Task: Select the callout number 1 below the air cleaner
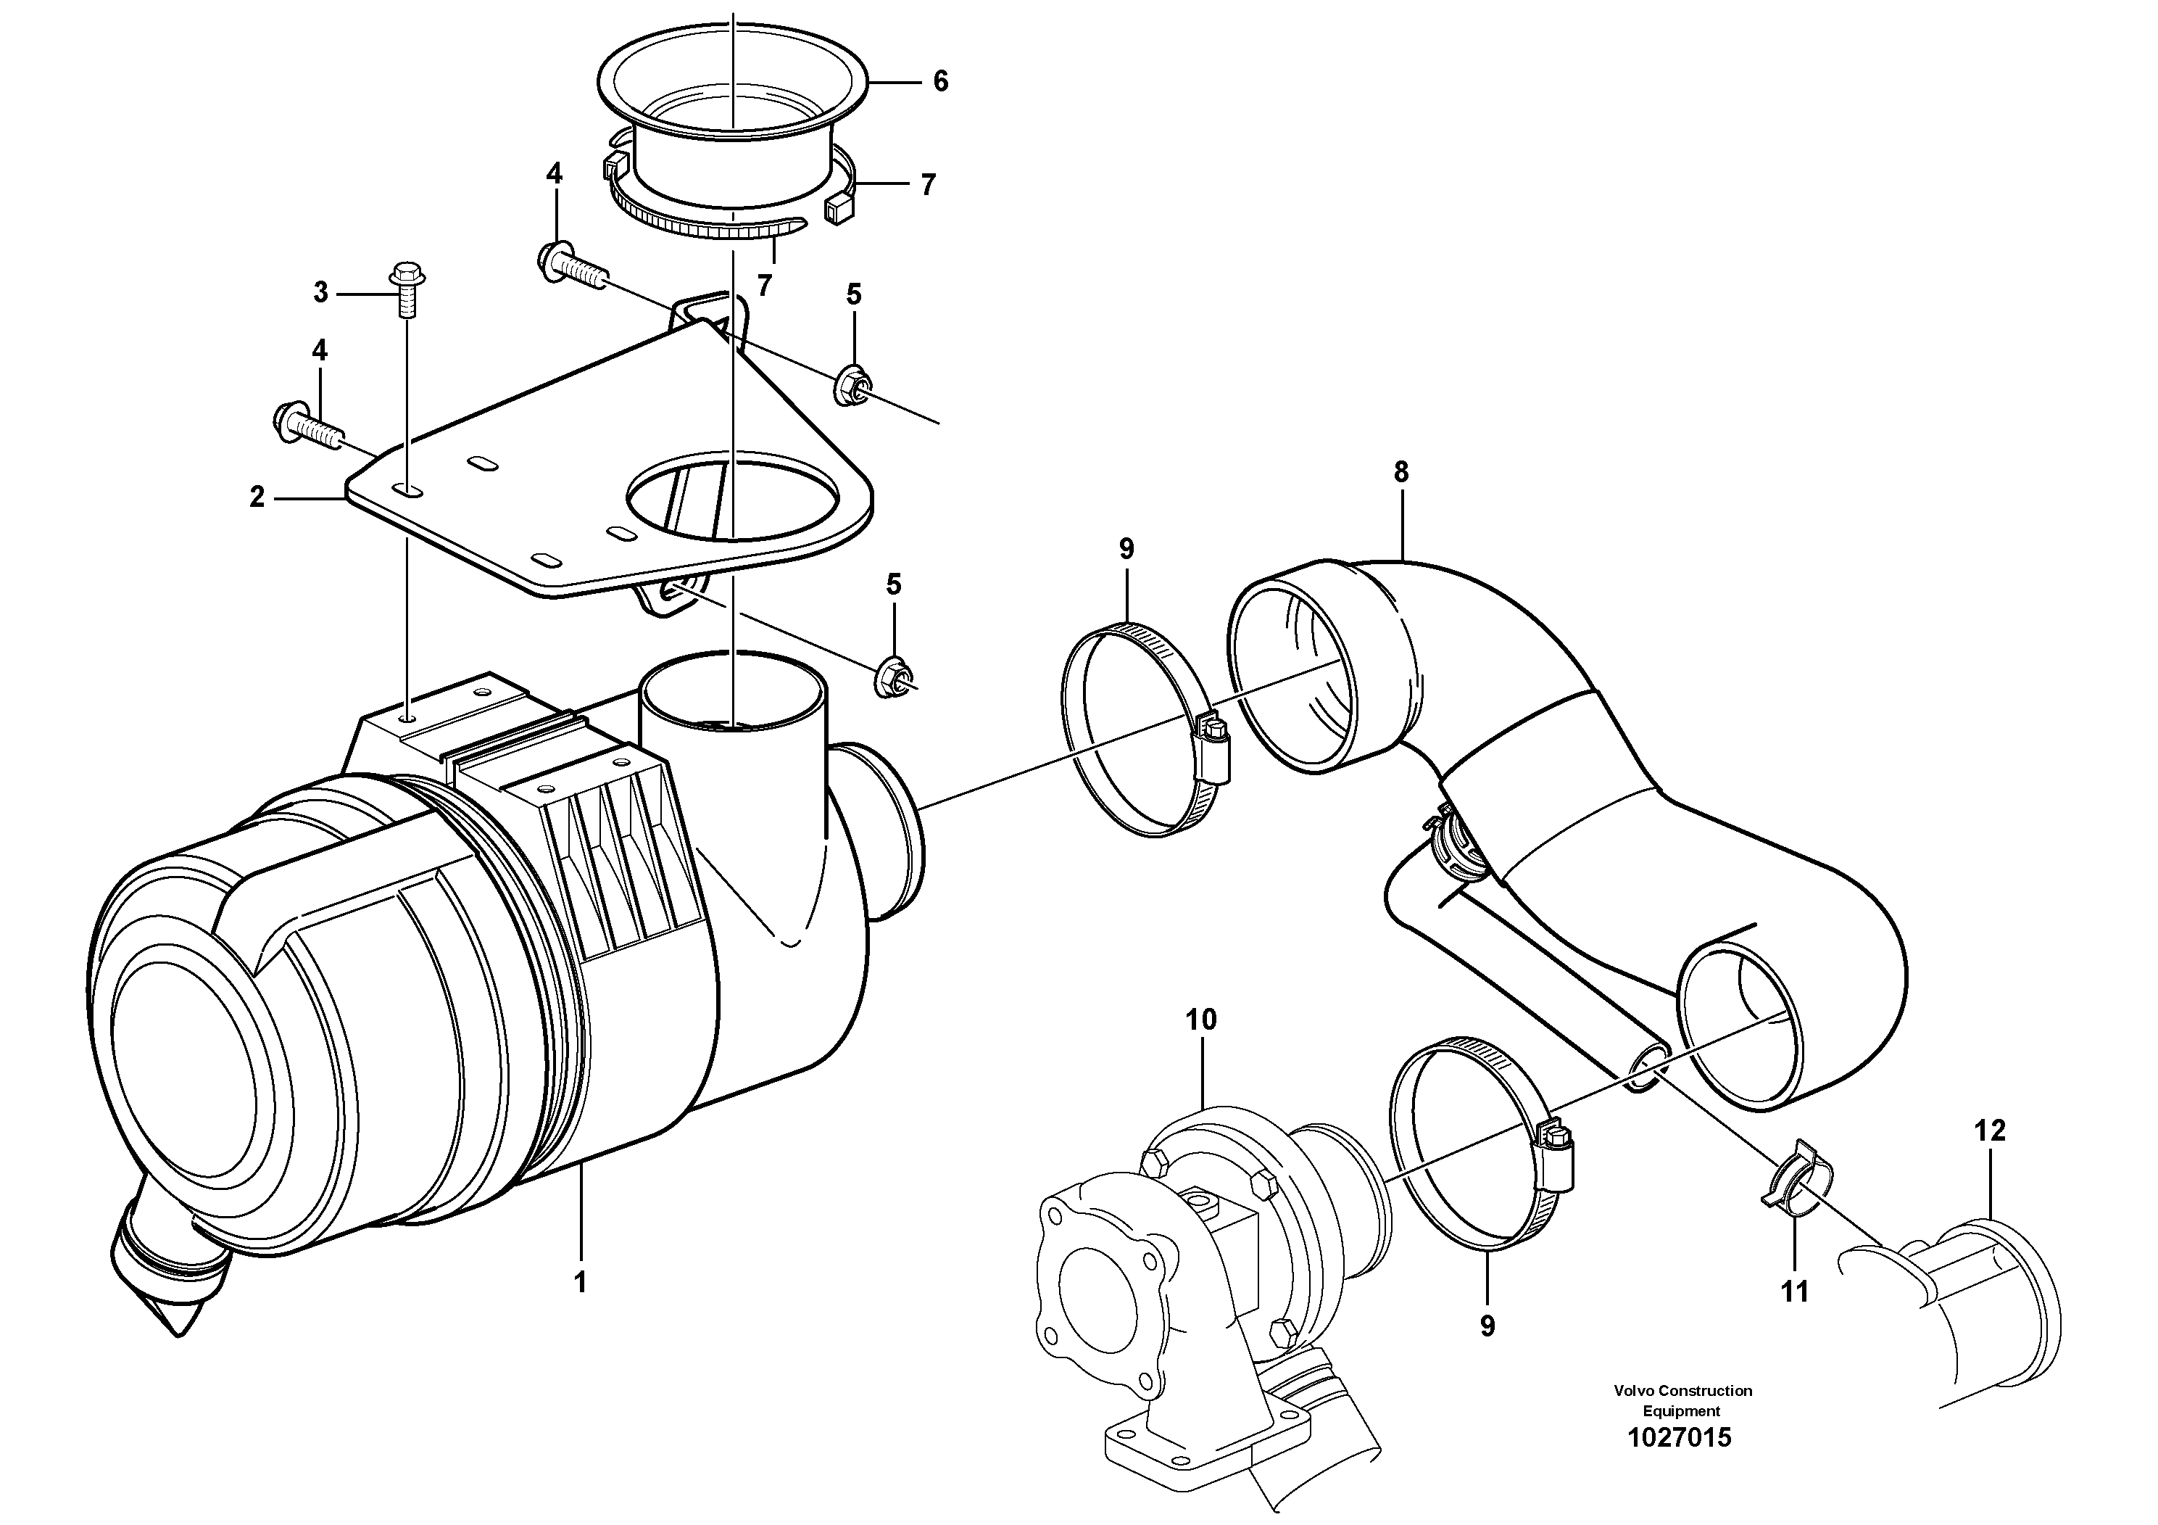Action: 580,1282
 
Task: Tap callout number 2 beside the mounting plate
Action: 257,497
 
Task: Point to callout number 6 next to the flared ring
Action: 940,82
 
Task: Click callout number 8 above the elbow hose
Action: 1400,472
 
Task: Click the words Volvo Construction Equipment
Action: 1682,1400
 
